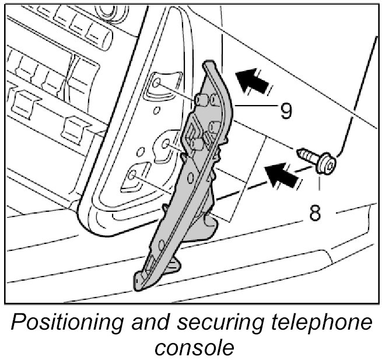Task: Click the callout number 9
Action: point(285,110)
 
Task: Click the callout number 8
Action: point(316,213)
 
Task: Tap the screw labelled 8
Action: point(315,160)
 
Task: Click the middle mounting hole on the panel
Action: point(165,142)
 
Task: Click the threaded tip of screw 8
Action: point(302,153)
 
